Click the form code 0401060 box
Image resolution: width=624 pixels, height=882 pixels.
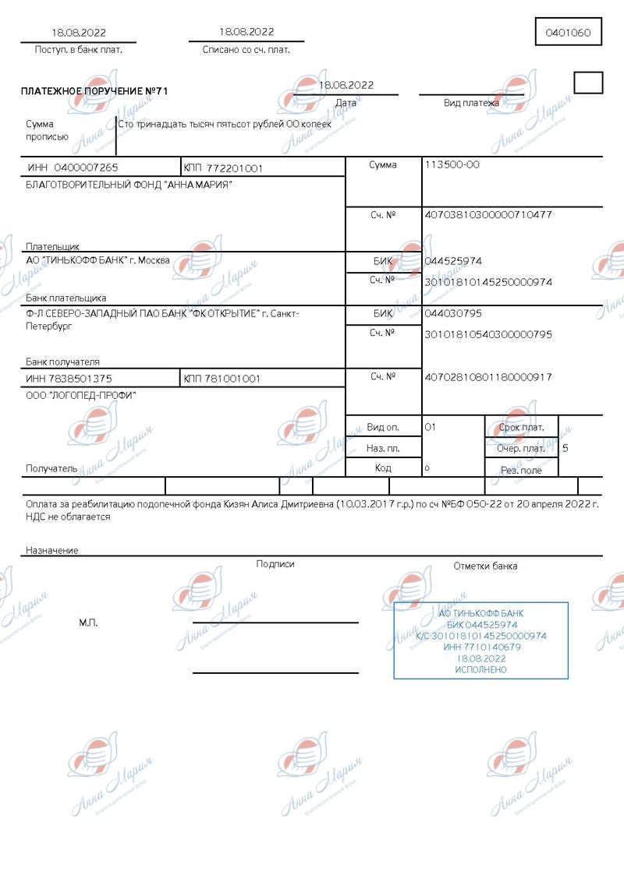(x=568, y=33)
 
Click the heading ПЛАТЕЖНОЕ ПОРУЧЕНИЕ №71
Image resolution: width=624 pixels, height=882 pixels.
(x=94, y=91)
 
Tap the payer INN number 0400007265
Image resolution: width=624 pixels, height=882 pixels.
(x=83, y=168)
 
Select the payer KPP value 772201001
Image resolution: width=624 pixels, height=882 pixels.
(x=235, y=168)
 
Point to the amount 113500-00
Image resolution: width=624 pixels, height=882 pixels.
(x=452, y=164)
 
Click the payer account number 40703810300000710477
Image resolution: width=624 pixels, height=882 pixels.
(x=487, y=214)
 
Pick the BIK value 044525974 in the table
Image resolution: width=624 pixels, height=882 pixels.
(x=453, y=261)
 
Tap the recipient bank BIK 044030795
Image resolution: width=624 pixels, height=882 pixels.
(x=453, y=313)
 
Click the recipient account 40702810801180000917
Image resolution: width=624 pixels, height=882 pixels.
(x=487, y=377)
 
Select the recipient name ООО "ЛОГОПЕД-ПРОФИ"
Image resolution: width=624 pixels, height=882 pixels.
(x=81, y=395)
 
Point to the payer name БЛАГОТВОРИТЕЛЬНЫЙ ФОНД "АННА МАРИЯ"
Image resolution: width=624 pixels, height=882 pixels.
(x=129, y=185)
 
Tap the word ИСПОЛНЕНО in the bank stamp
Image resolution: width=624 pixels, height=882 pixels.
(x=480, y=670)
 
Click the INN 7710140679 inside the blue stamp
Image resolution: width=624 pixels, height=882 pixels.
(x=481, y=647)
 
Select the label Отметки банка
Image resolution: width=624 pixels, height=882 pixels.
(x=485, y=566)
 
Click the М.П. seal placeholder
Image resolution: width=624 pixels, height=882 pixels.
(x=88, y=623)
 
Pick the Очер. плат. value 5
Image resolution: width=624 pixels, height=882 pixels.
(x=565, y=448)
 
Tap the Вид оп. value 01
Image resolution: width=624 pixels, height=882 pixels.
(x=430, y=427)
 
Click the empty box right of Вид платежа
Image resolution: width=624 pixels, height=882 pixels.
(x=588, y=83)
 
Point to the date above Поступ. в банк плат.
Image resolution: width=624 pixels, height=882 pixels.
(x=79, y=33)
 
